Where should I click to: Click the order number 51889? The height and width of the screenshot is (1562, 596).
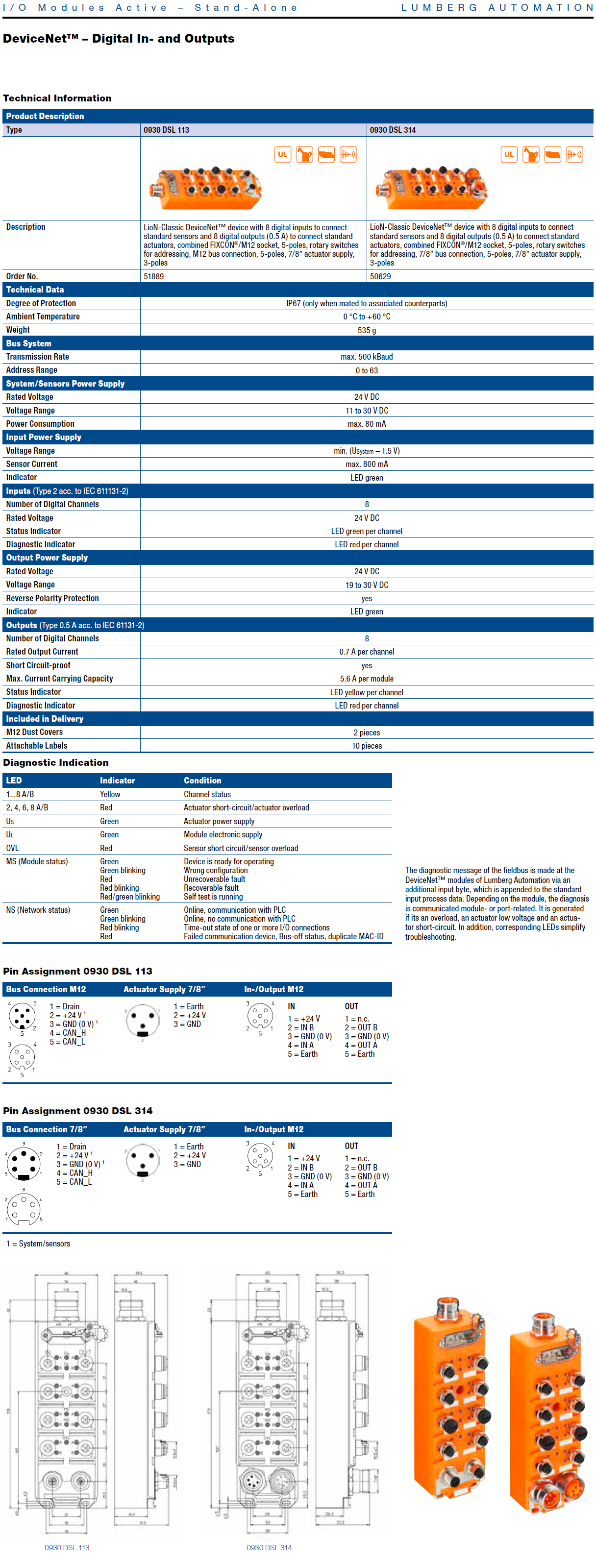pyautogui.click(x=153, y=276)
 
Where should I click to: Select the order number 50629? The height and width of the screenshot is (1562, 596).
pyautogui.click(x=380, y=276)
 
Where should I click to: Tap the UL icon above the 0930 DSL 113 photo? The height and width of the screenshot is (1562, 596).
pyautogui.click(x=282, y=155)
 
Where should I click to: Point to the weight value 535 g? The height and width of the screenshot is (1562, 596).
pyautogui.click(x=366, y=330)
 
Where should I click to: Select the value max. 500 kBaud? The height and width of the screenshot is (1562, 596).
pyautogui.click(x=366, y=357)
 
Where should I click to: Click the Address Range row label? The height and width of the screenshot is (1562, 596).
pyautogui.click(x=31, y=370)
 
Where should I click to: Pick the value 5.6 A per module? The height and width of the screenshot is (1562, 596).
pyautogui.click(x=366, y=679)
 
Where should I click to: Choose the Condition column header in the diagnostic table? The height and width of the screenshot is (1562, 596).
pyautogui.click(x=202, y=781)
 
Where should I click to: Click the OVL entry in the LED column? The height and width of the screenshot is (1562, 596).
pyautogui.click(x=12, y=848)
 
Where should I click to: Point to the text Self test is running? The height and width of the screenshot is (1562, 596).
pyautogui.click(x=213, y=897)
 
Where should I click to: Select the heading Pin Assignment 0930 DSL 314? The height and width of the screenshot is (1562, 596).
pyautogui.click(x=77, y=1111)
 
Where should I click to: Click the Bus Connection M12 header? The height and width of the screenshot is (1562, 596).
pyautogui.click(x=46, y=989)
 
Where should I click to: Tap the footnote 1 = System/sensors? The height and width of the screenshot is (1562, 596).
pyautogui.click(x=38, y=1244)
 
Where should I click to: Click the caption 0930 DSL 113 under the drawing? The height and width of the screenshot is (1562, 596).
pyautogui.click(x=67, y=1547)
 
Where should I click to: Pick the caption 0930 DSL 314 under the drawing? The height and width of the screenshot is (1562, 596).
pyautogui.click(x=269, y=1547)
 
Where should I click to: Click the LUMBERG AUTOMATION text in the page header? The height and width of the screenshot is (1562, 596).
pyautogui.click(x=497, y=8)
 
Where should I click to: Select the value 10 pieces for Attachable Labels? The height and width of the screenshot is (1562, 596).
pyautogui.click(x=366, y=746)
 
